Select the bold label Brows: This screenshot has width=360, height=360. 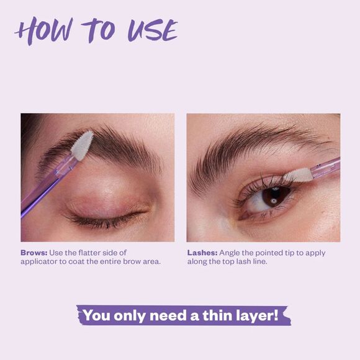click(34, 253)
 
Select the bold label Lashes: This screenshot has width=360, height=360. click(202, 253)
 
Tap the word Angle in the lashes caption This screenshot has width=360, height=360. click(232, 253)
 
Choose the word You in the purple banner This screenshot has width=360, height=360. click(97, 315)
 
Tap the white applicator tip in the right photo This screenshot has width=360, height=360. click(300, 176)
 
